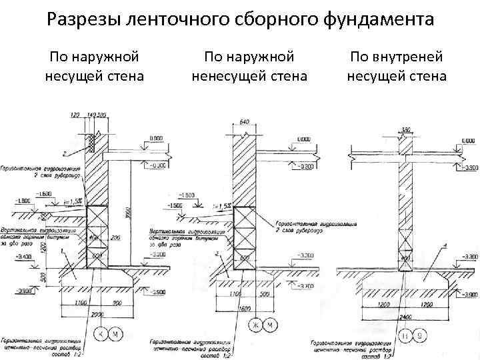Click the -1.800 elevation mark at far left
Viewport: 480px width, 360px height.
[x=21, y=201]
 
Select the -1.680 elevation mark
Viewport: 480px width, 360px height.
[x=45, y=193]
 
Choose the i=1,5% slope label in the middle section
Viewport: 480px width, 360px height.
[x=221, y=207]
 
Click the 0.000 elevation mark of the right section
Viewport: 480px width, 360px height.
[x=469, y=141]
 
